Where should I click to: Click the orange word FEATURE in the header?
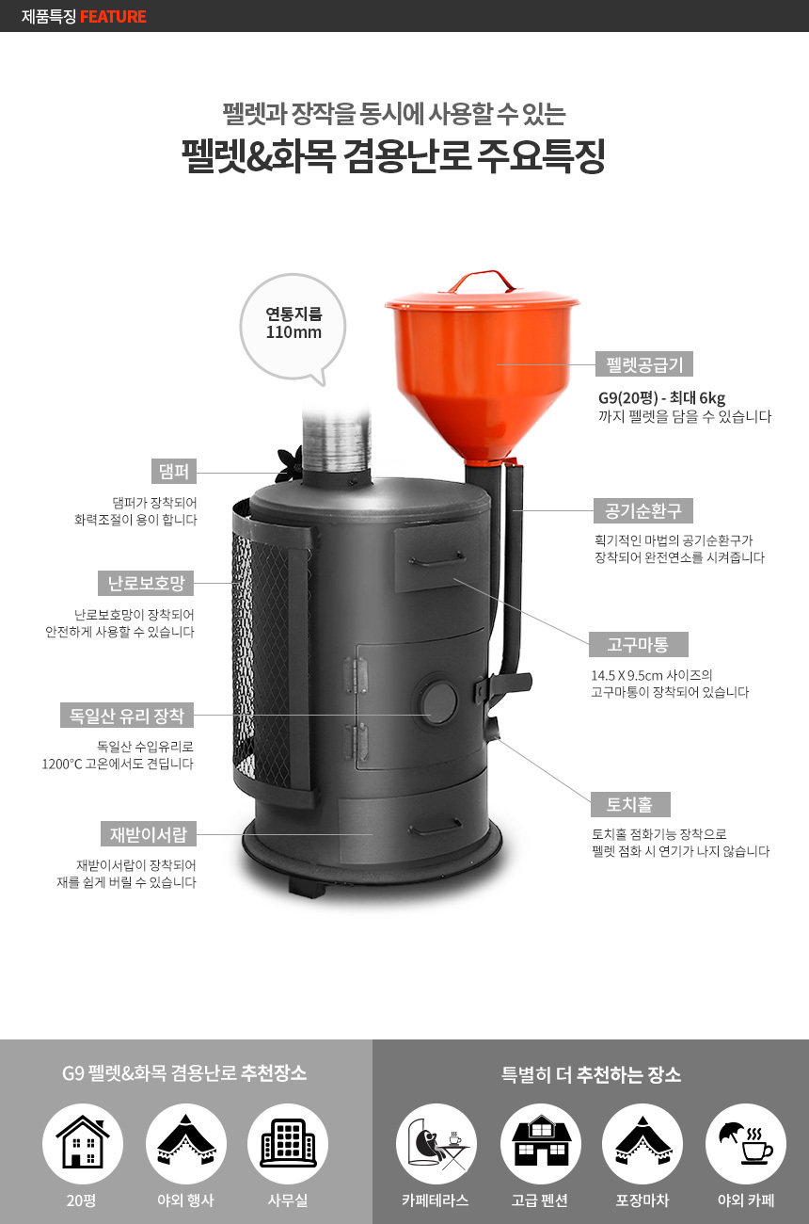113,16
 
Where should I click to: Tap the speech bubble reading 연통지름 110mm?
293,326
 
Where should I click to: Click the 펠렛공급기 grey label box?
644,364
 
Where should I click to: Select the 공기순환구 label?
643,511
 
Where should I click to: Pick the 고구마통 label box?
638,645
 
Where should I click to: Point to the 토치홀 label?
630,804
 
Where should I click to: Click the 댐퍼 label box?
174,471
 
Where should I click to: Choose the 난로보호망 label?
146,583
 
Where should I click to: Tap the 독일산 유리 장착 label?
127,716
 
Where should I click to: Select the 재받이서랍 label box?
149,834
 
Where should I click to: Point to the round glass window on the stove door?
439,699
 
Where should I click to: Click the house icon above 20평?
83,1143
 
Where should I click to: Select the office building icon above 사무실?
288,1143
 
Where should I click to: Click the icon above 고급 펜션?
540,1141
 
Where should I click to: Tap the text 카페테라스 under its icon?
435,1200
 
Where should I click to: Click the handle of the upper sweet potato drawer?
436,559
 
